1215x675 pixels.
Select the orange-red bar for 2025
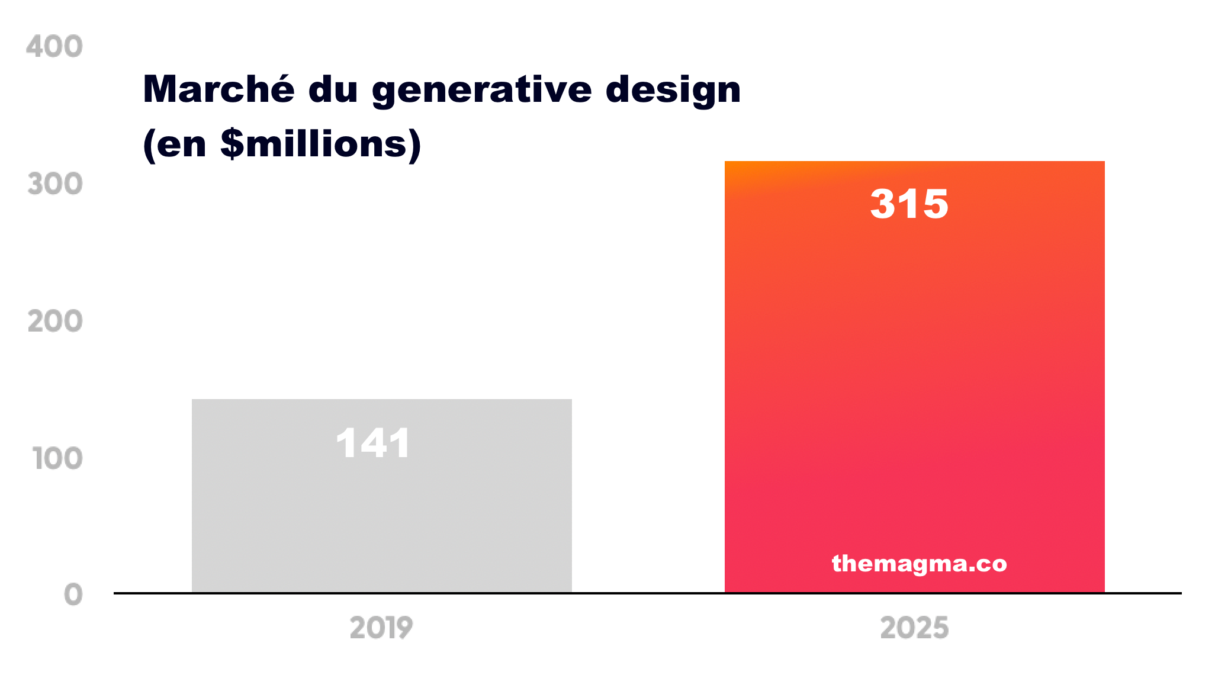coord(914,379)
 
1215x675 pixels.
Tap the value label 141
coord(373,443)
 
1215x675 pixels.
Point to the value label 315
coord(909,204)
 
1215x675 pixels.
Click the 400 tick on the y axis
coord(54,47)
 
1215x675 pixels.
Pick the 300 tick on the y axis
coord(55,184)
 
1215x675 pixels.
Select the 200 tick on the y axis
coord(55,322)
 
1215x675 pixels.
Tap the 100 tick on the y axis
coord(57,459)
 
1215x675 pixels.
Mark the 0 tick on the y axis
coord(73,594)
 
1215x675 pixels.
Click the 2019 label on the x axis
coord(381,628)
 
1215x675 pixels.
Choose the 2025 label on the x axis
coord(914,628)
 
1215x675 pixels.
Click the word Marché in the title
coord(218,89)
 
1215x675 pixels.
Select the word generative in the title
coord(481,91)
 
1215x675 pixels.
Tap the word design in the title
coord(673,91)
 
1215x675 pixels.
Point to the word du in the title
coord(333,89)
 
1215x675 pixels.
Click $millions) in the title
coord(320,144)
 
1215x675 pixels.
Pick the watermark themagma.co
coord(919,563)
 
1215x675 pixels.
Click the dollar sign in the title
coord(232,144)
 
